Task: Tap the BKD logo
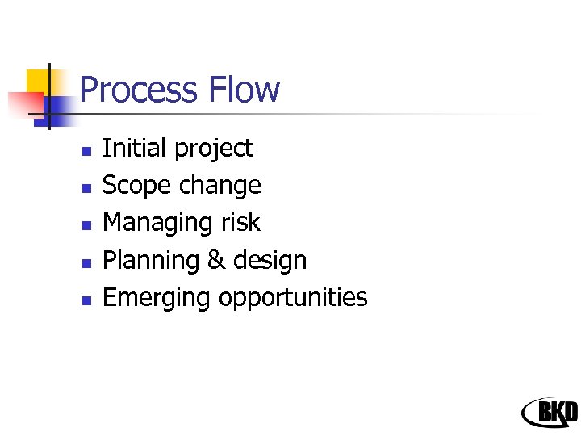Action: (550, 413)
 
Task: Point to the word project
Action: (213, 149)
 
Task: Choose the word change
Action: (219, 187)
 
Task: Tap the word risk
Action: (240, 223)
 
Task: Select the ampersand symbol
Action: (215, 261)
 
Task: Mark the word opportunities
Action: (293, 299)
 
